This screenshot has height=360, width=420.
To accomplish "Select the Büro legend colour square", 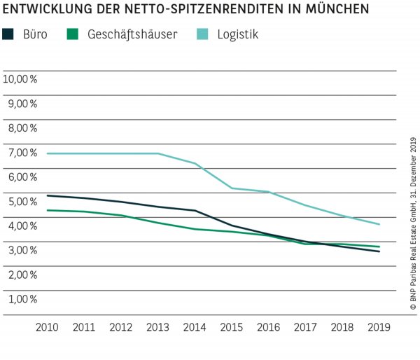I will coord(8,34).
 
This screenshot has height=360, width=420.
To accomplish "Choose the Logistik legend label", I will coord(236,34).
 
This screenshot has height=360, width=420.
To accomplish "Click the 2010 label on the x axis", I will coord(47,327).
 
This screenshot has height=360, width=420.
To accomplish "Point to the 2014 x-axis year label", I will coord(195,327).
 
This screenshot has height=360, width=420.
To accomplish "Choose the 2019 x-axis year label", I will coord(380,327).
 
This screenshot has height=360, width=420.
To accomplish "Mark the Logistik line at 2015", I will coord(232,188).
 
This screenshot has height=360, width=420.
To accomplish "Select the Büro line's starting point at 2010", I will coord(47,195).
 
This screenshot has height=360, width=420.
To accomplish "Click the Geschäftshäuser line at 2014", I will coord(195,229).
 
